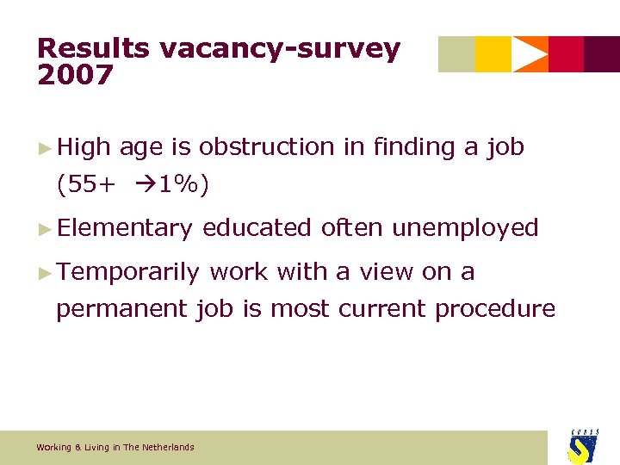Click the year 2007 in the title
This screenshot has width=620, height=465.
pyautogui.click(x=75, y=75)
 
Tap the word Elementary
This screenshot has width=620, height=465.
pyautogui.click(x=126, y=228)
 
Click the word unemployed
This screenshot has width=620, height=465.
pyautogui.click(x=465, y=228)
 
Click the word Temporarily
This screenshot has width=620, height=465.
pyautogui.click(x=129, y=272)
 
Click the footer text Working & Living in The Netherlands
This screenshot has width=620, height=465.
pyautogui.click(x=115, y=447)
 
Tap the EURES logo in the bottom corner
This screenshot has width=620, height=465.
pyautogui.click(x=582, y=446)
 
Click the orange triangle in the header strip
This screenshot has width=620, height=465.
pyautogui.click(x=532, y=54)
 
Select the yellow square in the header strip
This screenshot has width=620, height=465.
pyautogui.click(x=493, y=54)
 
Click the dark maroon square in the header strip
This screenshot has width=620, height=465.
pyautogui.click(x=602, y=54)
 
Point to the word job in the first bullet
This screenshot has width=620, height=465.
pyautogui.click(x=505, y=147)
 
